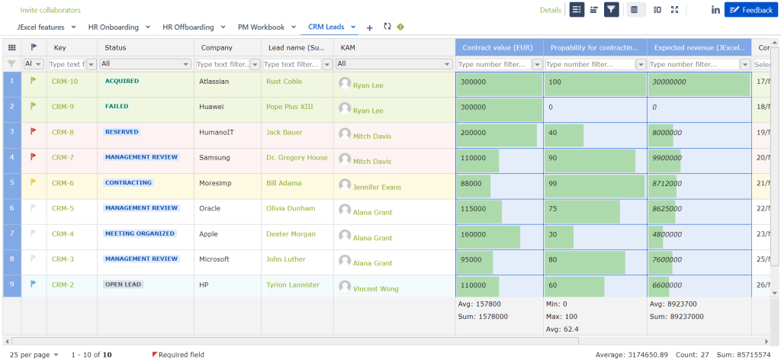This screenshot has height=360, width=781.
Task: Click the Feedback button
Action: (x=751, y=10)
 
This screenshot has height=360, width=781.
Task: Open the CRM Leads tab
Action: (x=326, y=27)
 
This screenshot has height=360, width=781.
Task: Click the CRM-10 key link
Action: (x=65, y=81)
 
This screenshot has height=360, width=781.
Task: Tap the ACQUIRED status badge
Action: (x=122, y=80)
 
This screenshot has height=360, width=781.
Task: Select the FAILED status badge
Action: (x=117, y=106)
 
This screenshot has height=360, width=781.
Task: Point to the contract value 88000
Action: (x=471, y=183)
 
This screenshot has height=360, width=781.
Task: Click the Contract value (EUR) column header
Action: (x=498, y=47)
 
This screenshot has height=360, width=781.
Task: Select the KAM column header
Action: (x=348, y=47)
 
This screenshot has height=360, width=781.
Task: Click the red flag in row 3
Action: (x=33, y=131)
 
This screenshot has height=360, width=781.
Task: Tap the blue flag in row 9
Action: (x=33, y=284)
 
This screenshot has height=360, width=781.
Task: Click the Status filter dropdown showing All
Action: (x=145, y=64)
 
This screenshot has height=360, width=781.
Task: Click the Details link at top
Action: (x=550, y=10)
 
